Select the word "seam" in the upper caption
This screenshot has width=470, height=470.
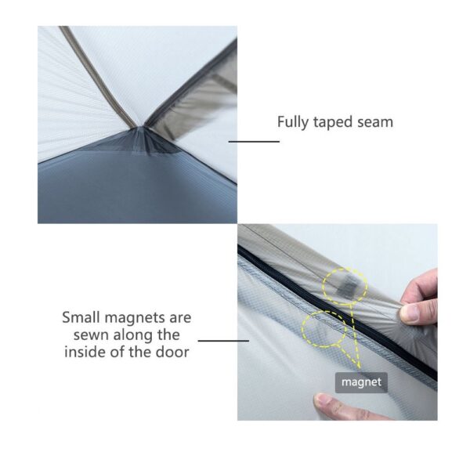(x=375, y=123)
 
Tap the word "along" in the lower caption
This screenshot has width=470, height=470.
(x=132, y=335)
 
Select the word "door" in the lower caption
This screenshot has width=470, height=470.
(x=172, y=352)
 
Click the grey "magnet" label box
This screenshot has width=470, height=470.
(x=361, y=382)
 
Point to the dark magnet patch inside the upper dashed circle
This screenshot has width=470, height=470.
(x=347, y=287)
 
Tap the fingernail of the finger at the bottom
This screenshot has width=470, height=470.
(x=323, y=399)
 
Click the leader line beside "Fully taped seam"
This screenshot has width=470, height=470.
(x=254, y=142)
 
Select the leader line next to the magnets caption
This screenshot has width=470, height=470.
(x=223, y=341)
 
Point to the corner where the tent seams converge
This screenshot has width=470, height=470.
(x=142, y=127)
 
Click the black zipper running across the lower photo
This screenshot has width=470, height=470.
(x=337, y=312)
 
